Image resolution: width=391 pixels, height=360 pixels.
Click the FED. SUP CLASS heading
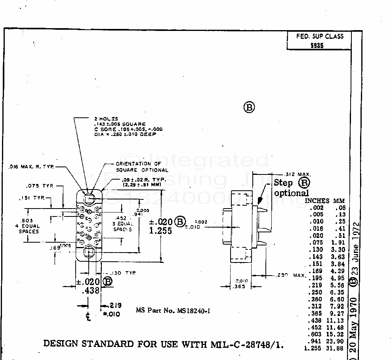320,36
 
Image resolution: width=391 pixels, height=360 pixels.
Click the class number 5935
317,45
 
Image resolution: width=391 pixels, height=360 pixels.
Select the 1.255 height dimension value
160,231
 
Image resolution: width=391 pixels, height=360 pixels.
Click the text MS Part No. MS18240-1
173,310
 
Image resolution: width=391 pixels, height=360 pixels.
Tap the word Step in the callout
283,183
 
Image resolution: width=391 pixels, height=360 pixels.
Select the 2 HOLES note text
106,119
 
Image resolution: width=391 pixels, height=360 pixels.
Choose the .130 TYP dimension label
121,273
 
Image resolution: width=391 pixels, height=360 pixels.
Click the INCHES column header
317,201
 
